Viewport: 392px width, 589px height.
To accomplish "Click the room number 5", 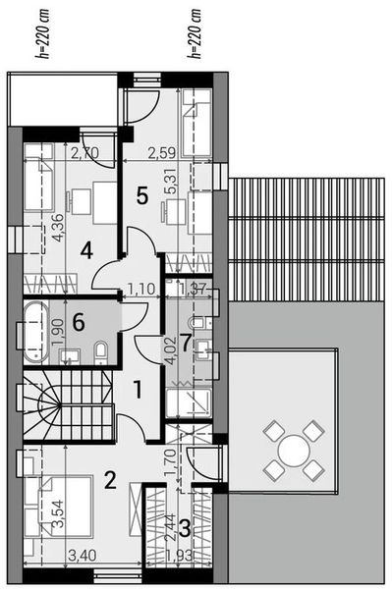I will tap(141, 195).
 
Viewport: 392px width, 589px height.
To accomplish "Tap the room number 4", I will tap(86, 251).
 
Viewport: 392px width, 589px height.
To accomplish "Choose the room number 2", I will tap(110, 480).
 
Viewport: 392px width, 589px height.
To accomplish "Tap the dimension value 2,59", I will tap(161, 152).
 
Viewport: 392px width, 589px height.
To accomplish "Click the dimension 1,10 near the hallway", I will tap(141, 289).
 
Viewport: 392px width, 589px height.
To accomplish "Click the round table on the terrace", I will tap(292, 451).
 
